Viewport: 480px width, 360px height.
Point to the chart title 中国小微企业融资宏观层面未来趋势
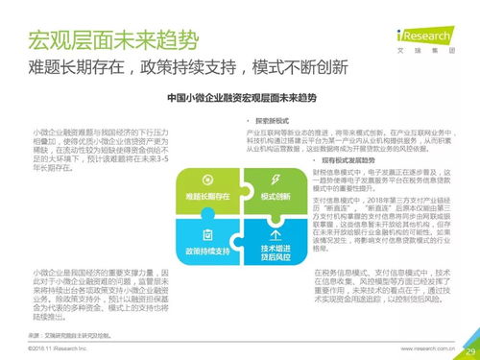coord(240,97)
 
